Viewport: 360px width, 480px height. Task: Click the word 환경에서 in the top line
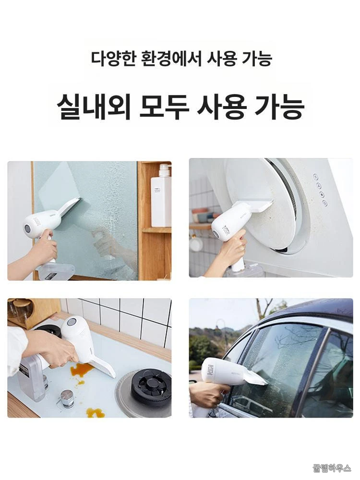coord(172,58)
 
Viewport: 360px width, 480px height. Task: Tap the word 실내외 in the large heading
coord(94,106)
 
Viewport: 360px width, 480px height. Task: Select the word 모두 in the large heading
coord(164,106)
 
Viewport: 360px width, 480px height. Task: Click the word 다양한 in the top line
coord(113,58)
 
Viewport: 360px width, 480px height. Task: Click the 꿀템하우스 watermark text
coord(332,468)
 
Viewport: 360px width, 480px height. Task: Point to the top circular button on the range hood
coord(315,177)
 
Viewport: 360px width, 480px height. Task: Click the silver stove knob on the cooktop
coord(67,399)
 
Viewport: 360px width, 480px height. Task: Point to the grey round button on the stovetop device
coord(72,322)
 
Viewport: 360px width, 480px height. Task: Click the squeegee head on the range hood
coord(253,206)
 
